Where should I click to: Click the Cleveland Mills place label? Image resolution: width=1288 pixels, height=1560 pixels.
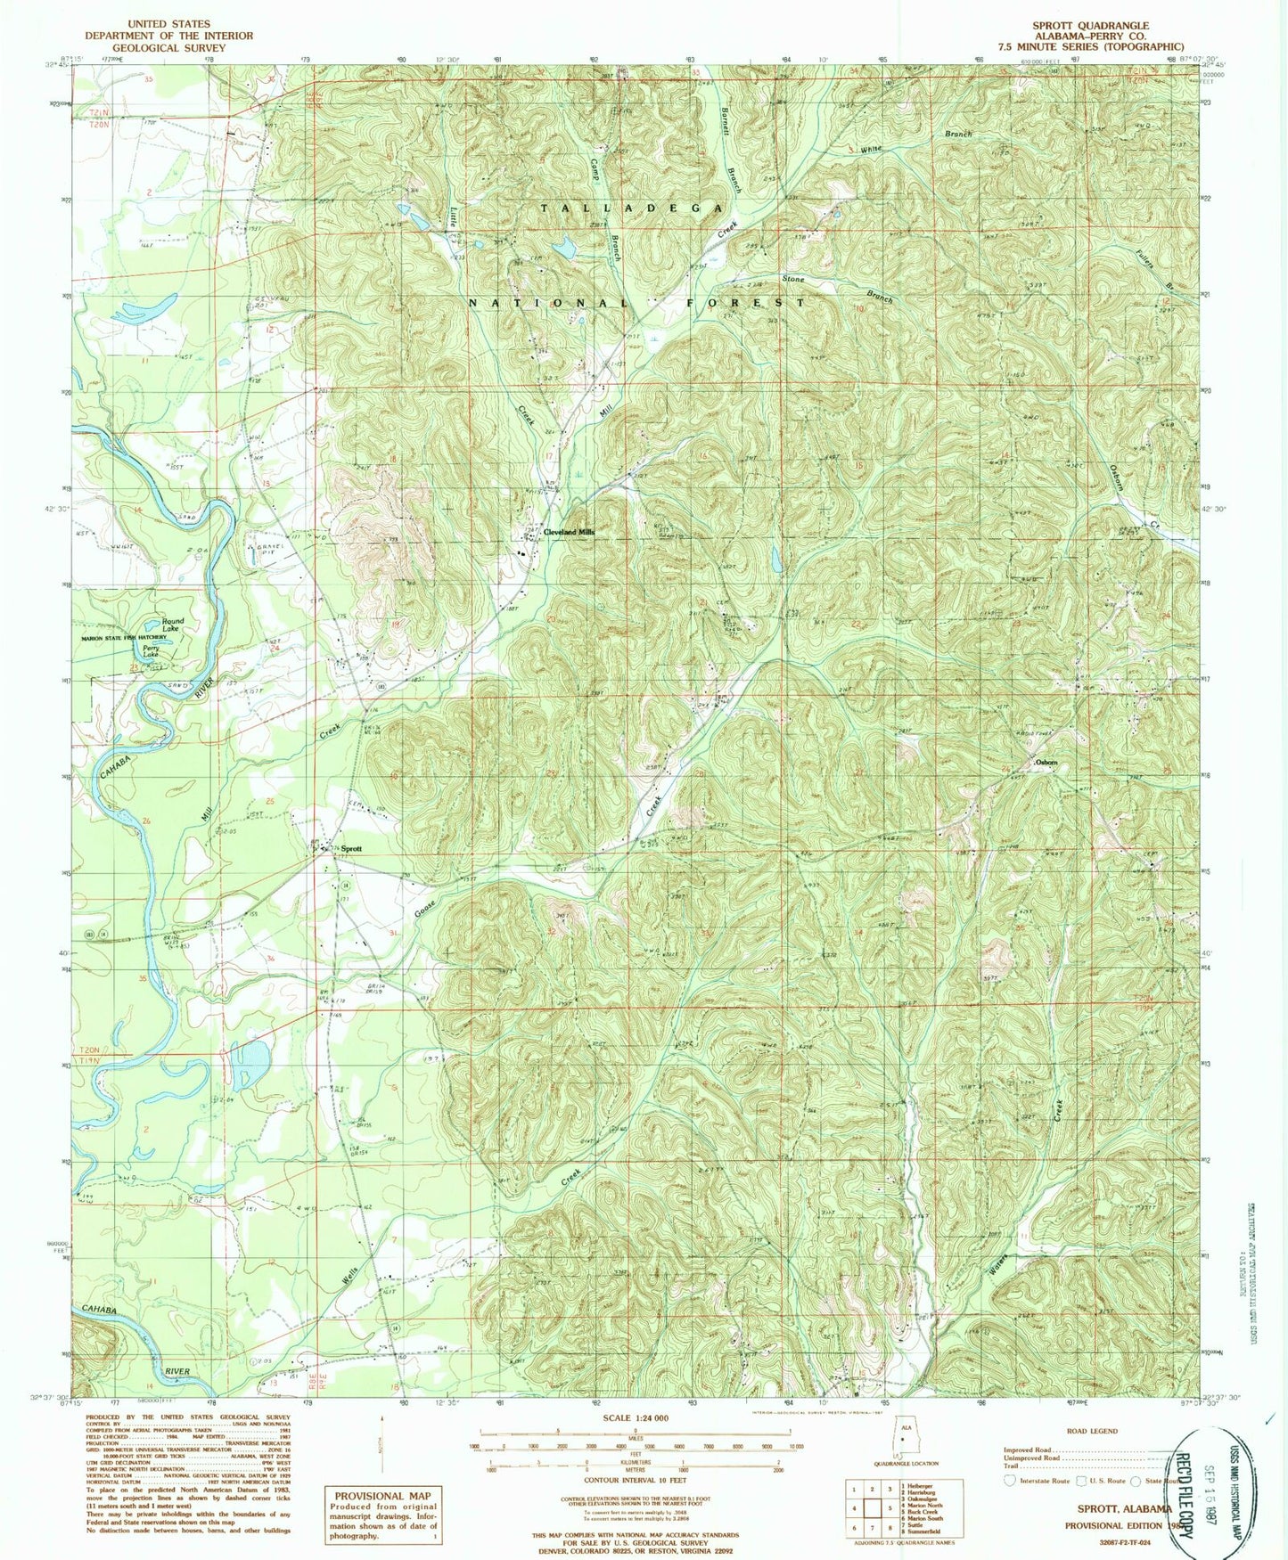(569, 532)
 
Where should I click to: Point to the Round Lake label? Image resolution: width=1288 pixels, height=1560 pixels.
(172, 625)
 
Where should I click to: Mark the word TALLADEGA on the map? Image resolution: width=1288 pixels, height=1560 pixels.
(632, 208)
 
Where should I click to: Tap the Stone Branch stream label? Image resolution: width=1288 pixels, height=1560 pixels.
(793, 279)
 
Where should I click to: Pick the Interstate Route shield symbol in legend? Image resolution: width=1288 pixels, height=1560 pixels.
(1010, 1481)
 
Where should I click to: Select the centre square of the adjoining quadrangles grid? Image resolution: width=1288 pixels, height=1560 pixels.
(872, 1507)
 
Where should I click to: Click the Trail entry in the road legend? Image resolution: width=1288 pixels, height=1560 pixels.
(1012, 1466)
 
